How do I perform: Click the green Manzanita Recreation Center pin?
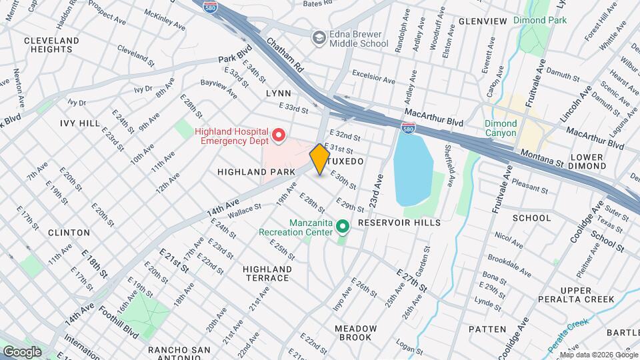tap(343, 227)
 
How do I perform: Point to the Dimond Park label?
tap(539, 21)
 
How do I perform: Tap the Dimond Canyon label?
tap(500, 128)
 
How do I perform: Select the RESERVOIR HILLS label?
tap(399, 222)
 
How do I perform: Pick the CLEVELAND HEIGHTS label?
tap(51, 45)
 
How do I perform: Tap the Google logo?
tap(23, 351)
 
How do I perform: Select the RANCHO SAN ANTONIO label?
tap(179, 355)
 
